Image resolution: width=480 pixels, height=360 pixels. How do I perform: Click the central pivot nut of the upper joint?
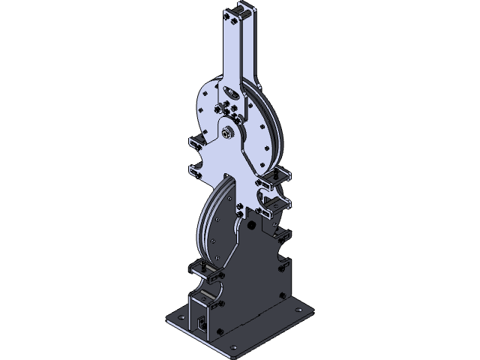pyautogui.click(x=226, y=133)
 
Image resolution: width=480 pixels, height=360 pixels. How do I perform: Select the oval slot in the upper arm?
pyautogui.click(x=231, y=94)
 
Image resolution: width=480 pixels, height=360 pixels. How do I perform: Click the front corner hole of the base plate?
pyautogui.click(x=235, y=347)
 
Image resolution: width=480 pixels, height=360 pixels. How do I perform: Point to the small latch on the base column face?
pyautogui.click(x=200, y=323)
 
